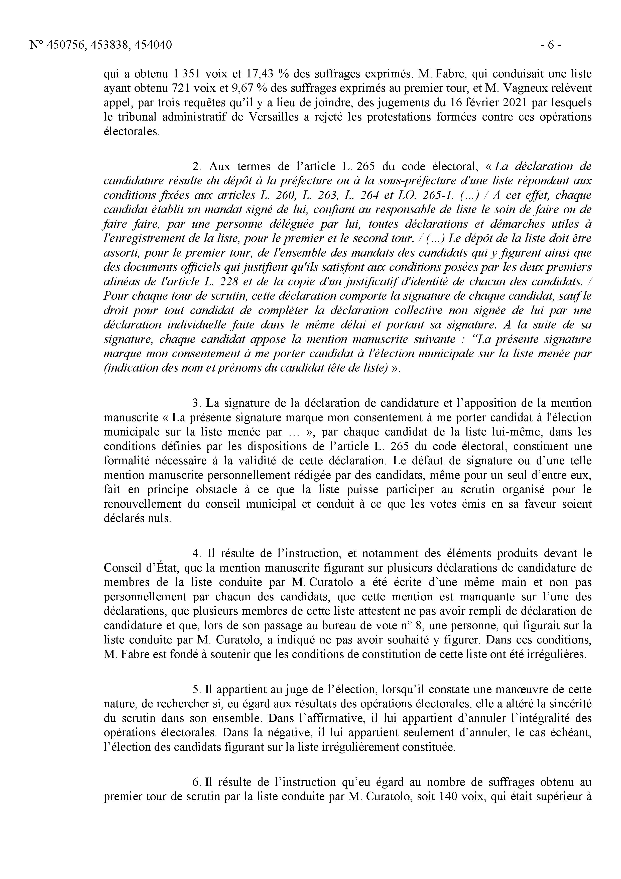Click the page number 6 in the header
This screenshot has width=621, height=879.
[551, 45]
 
